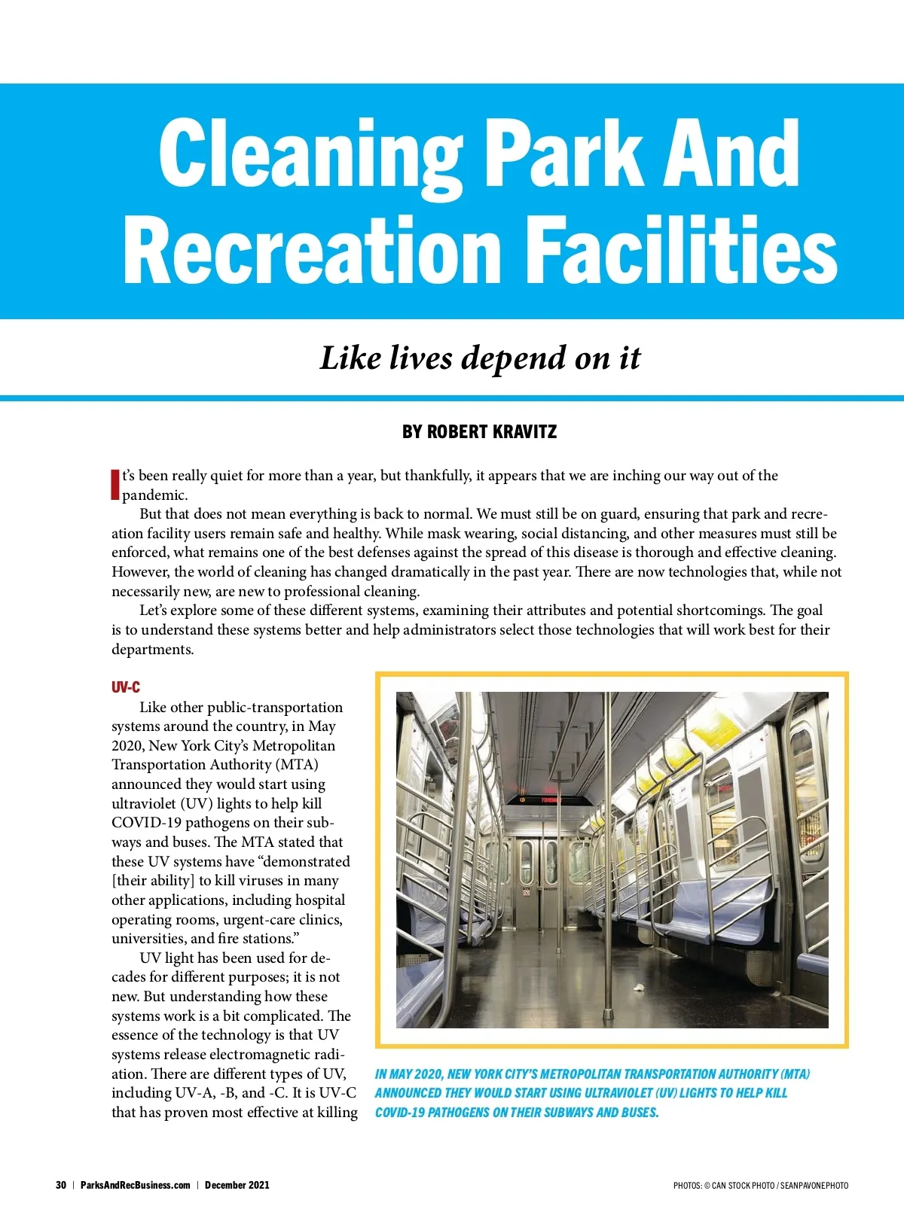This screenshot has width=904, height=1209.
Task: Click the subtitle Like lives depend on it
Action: (480, 358)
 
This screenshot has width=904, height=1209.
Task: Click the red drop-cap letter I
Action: (115, 484)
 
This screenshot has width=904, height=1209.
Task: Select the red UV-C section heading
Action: (125, 687)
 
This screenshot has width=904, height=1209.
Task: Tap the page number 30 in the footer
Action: (61, 1185)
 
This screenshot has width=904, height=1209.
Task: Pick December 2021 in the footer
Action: (237, 1185)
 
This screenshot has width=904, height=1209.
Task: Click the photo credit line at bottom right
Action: (761, 1186)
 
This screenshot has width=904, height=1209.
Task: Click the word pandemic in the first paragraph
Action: (154, 495)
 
